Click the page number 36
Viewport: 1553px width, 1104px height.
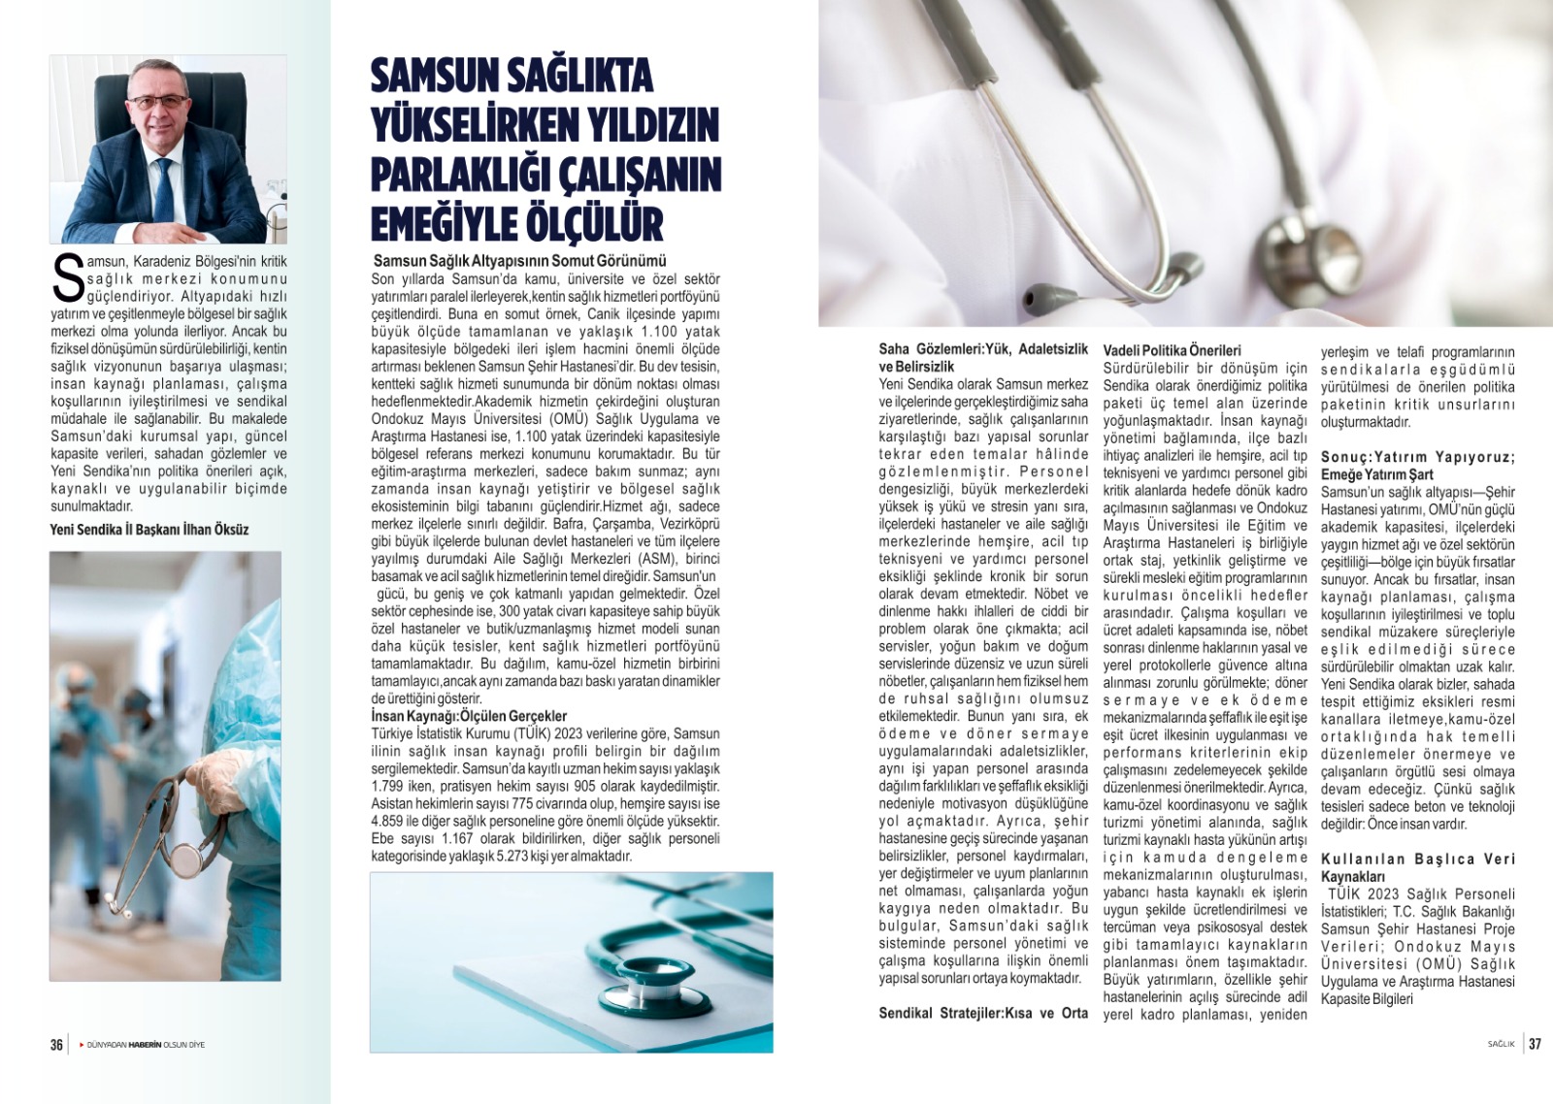click(56, 1045)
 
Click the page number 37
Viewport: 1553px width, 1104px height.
click(1535, 1045)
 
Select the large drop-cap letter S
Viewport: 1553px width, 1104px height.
click(67, 278)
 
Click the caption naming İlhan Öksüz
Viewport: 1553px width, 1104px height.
click(149, 530)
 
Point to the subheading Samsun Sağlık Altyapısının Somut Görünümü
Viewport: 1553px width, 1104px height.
click(520, 261)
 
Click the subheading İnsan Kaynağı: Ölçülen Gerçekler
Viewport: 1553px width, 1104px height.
click(469, 716)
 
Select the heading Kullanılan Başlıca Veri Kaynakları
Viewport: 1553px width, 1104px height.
click(1417, 867)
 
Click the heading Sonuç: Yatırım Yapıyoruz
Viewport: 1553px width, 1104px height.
click(1417, 457)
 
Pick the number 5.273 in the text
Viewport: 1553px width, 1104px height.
click(521, 856)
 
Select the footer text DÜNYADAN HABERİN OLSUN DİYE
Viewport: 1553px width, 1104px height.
click(146, 1045)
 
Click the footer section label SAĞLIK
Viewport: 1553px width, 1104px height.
click(1501, 1045)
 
